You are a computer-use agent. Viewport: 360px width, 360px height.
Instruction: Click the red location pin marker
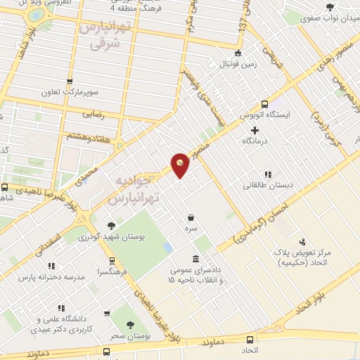point(180,166)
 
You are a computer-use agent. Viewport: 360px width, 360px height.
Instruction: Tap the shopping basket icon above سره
point(191,218)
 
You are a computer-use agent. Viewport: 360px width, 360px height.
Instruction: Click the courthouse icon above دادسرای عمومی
point(195,258)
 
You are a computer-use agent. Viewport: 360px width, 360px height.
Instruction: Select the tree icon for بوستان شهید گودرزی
point(111,226)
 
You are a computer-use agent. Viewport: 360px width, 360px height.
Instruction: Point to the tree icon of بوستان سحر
point(131,325)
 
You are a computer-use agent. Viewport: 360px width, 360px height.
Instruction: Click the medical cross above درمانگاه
point(255,130)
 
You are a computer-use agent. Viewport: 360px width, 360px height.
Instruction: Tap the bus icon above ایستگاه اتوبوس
point(265,103)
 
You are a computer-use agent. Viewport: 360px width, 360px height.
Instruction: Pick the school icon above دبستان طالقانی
point(267,174)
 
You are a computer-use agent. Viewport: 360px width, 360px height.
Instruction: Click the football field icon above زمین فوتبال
point(238,53)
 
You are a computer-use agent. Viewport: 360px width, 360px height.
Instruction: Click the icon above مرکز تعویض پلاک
point(302,241)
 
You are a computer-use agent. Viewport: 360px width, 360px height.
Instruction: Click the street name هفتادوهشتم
point(89,133)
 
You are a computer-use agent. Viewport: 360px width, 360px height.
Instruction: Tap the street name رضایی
point(94,111)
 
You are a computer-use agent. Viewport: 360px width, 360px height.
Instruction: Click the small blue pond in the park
point(167,247)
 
